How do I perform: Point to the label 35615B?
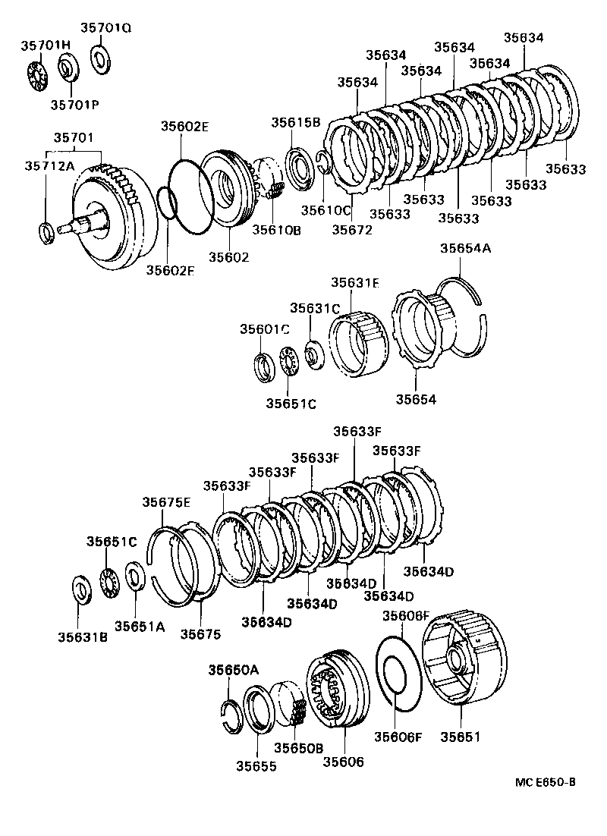click(297, 123)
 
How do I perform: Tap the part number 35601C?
click(265, 329)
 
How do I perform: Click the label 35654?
click(417, 399)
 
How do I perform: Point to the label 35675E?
click(167, 501)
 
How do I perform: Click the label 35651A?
click(140, 626)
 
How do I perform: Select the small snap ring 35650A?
click(231, 716)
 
